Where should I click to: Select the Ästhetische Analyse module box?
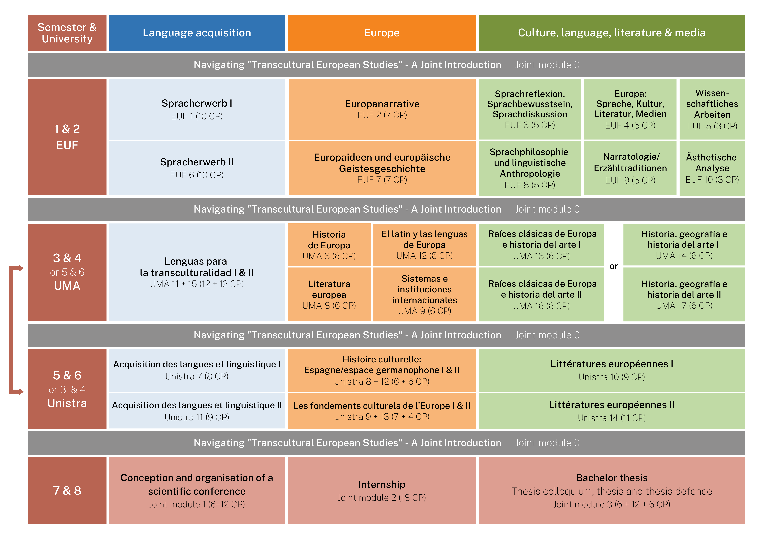(712, 168)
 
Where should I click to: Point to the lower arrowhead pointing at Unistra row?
(20, 392)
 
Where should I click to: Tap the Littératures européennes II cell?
(612, 411)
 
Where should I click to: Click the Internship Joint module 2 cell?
(382, 490)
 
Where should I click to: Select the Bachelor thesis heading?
(612, 478)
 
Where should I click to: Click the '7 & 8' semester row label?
(67, 490)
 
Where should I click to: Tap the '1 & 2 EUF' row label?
(67, 137)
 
